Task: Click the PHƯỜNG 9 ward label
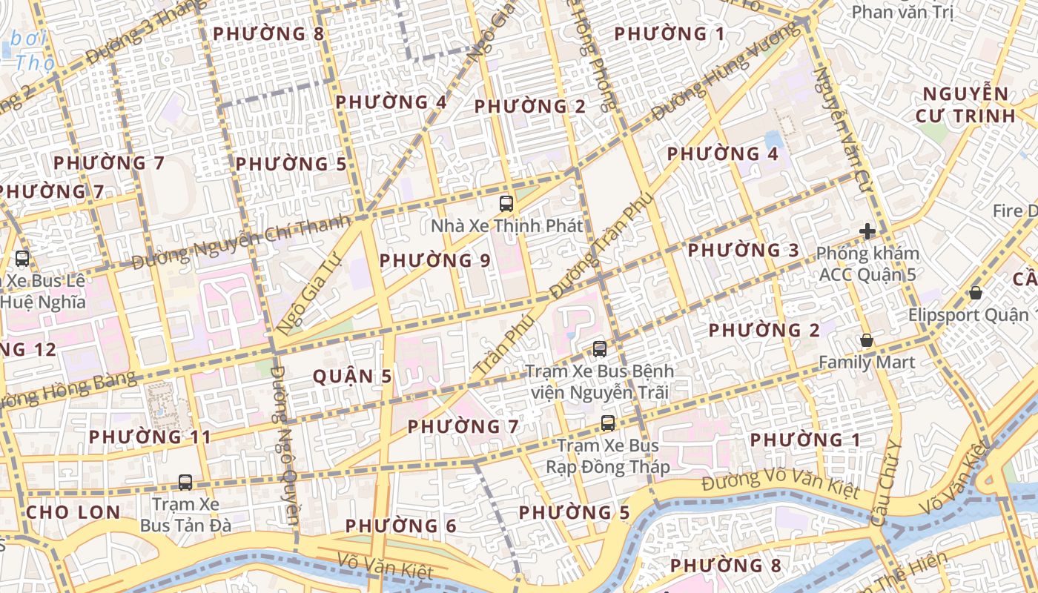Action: click(x=435, y=260)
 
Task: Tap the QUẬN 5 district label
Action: click(x=352, y=377)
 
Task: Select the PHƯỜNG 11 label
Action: click(x=151, y=437)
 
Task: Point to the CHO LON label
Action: click(x=73, y=512)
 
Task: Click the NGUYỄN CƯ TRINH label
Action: click(x=965, y=105)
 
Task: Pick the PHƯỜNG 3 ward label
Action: click(x=744, y=250)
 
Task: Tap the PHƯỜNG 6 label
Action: click(x=401, y=526)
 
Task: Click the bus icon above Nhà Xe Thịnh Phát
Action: click(x=506, y=203)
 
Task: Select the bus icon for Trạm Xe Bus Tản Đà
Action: click(x=185, y=483)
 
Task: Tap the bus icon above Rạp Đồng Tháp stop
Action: click(x=608, y=423)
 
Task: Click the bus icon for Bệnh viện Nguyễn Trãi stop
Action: click(x=600, y=348)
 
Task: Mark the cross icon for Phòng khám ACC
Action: click(x=867, y=231)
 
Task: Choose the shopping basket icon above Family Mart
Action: click(x=866, y=340)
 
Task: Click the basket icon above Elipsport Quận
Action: click(x=976, y=293)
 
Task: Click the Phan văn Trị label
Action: click(x=902, y=12)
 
